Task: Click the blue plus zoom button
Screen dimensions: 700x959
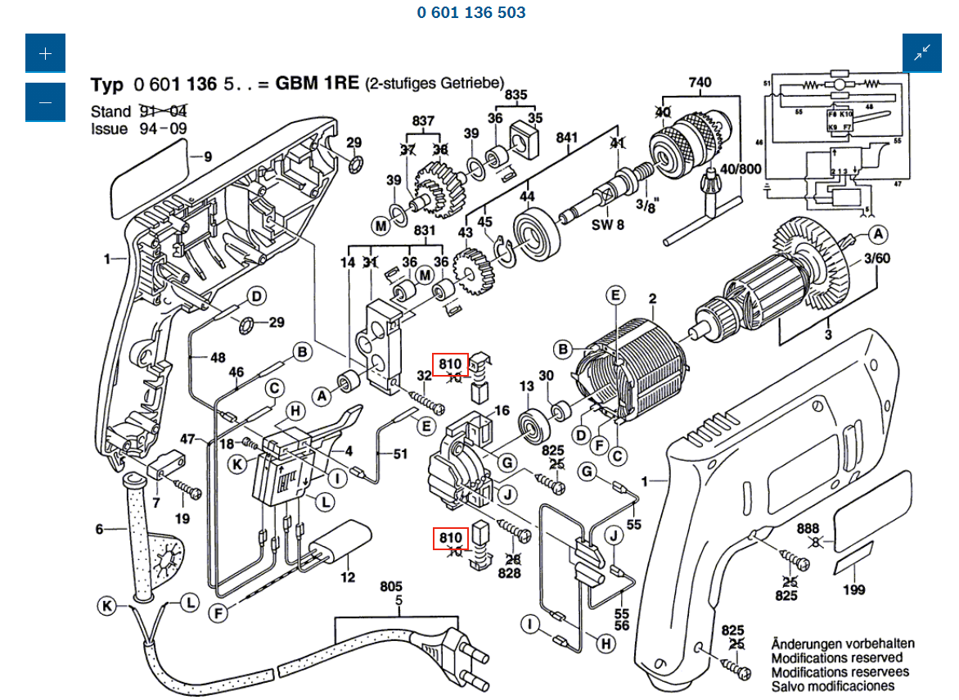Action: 45,53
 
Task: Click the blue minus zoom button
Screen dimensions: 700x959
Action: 45,102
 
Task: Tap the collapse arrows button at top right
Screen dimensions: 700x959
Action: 922,53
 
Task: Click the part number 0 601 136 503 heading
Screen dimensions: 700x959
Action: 471,12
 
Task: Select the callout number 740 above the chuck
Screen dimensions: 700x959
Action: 700,82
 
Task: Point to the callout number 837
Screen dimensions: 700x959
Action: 423,120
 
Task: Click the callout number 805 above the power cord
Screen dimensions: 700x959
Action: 391,587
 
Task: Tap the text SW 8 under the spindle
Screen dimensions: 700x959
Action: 609,224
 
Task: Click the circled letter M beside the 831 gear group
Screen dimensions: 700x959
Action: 425,274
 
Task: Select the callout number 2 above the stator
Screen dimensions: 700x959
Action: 653,298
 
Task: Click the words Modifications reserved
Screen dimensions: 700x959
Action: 837,657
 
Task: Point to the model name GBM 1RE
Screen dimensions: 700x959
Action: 317,84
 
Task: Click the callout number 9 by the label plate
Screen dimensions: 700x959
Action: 207,156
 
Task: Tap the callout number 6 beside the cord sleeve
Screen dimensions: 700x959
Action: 100,529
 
